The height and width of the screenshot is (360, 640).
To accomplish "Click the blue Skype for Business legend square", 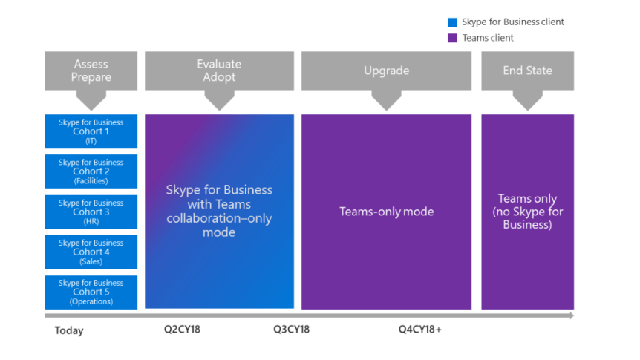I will coord(452,22).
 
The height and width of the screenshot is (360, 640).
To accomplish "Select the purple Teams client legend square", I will coord(452,38).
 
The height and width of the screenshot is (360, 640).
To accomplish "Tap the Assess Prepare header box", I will coord(91,71).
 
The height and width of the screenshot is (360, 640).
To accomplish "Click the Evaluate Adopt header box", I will coord(219,71).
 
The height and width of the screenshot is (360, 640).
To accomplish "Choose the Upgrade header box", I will coord(386,71).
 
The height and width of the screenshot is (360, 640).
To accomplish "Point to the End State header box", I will coord(527,71).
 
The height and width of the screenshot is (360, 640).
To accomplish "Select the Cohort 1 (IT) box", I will coord(91,131).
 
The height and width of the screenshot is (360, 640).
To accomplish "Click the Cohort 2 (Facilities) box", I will coord(91,171).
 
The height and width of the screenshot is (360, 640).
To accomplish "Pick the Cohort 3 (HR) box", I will coord(91,212).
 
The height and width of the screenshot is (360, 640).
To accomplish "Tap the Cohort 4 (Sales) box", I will coord(91,252).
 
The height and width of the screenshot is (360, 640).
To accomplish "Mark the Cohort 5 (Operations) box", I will coord(91,292).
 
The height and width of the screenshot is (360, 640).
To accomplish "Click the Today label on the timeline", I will coord(69,330).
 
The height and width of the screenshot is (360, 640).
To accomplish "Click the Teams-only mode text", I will coord(386,212).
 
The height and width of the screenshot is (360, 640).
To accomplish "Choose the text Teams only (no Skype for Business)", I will coord(527,212).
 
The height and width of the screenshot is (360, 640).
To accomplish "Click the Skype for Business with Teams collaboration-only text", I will coord(219,211).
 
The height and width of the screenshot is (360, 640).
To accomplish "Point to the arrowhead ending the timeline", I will coord(570,316).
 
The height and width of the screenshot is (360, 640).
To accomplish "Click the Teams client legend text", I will coord(488,38).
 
